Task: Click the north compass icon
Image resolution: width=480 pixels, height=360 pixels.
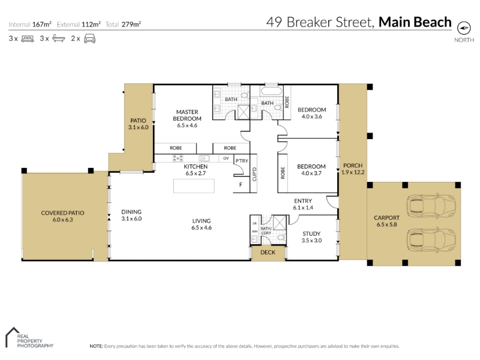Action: coord(464,28)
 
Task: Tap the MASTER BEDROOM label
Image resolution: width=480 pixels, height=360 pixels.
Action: coord(187,115)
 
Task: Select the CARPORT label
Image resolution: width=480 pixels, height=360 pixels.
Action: coord(386,218)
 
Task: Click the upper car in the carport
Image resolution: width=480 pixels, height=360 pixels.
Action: coord(431,204)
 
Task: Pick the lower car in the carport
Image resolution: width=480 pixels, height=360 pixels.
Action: coord(431,239)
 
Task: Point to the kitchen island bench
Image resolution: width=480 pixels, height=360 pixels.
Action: coord(194,186)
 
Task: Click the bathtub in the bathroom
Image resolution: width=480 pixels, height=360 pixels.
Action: coord(271,91)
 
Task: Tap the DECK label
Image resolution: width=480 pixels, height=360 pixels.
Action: coord(268,252)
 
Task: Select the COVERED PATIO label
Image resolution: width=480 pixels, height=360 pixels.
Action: coord(62,213)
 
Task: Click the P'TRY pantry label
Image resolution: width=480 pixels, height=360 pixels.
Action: coord(242,161)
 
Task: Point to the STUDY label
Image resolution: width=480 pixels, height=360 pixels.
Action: coord(311,233)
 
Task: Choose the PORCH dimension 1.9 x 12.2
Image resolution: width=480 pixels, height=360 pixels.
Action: coord(353,172)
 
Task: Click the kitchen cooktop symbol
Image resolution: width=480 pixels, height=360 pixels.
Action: coord(178,158)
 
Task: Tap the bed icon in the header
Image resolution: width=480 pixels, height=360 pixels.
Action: coord(28,39)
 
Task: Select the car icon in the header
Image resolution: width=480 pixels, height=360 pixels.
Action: coord(89,38)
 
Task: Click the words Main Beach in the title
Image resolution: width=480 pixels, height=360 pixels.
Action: coord(415,22)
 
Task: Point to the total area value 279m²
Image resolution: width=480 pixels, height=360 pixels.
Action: coord(131,24)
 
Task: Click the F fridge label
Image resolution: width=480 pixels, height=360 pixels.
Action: coord(241,185)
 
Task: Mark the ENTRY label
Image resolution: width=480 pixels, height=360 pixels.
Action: coord(303,201)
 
